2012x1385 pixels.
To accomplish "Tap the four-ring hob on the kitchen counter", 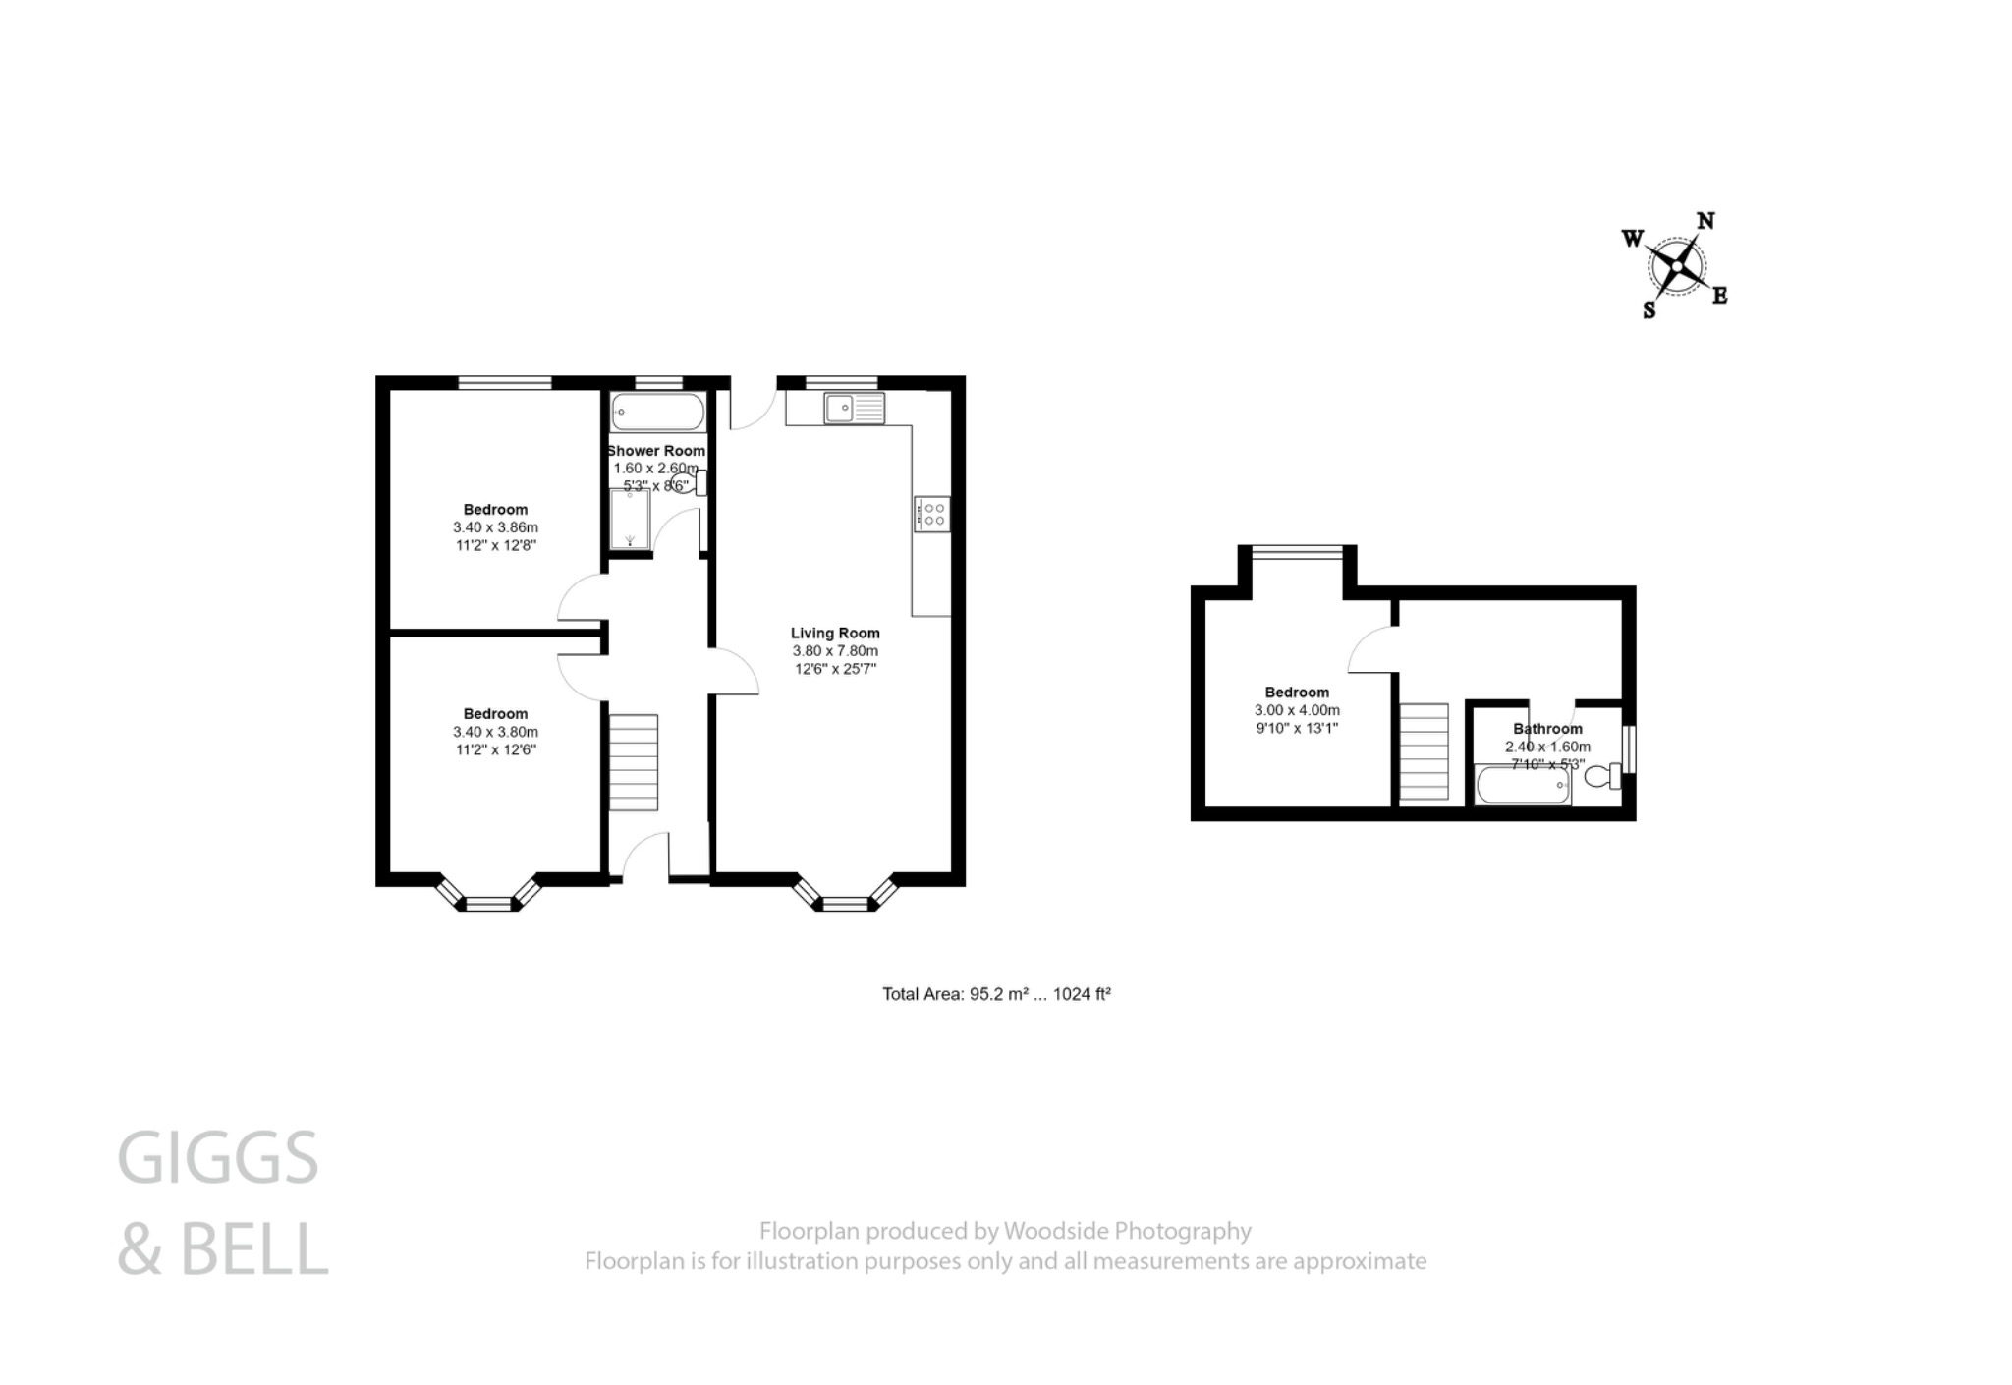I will (x=931, y=513).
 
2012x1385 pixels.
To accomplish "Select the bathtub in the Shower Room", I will (x=656, y=412).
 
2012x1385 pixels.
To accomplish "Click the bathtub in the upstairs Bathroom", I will (x=1522, y=786).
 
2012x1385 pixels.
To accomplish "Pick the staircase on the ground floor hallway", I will (x=633, y=762).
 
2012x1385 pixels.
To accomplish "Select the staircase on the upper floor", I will (x=1424, y=751).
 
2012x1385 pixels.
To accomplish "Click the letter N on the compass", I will (x=1705, y=221).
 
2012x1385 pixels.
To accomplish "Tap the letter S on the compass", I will (x=1649, y=311).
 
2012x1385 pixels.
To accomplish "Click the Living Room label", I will (x=835, y=634).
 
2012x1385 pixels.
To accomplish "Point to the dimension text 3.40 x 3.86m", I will (x=495, y=527).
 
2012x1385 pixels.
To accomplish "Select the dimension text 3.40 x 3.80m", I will (x=495, y=732).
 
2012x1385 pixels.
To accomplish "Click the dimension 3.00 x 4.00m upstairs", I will (x=1297, y=710).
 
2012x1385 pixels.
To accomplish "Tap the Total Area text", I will (x=996, y=994).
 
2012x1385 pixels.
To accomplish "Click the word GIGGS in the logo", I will (x=218, y=1158).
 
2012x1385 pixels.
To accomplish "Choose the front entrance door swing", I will (x=643, y=855).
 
